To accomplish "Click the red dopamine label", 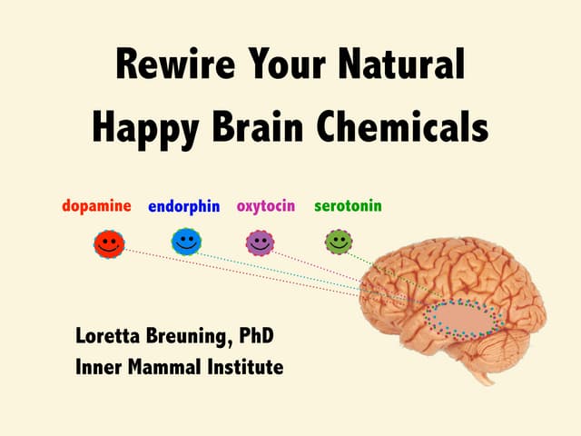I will click(97, 205).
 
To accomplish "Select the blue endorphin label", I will click(184, 206).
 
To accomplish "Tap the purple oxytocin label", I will click(266, 205).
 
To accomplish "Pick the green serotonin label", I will click(348, 205).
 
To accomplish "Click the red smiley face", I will click(108, 243).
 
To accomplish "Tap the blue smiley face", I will click(186, 242).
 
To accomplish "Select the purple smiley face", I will click(260, 243).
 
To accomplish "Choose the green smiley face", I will click(339, 242).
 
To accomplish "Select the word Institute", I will click(245, 367).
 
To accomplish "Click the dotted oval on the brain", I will click(463, 318).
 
